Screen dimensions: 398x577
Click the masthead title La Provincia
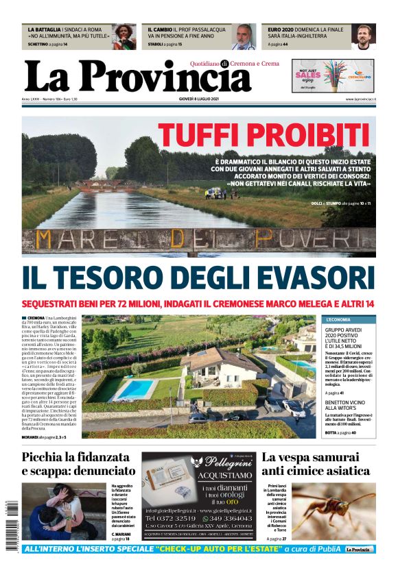tap(138, 77)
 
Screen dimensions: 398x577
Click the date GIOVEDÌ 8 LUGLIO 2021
tap(198, 100)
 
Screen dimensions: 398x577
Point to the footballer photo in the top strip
tap(364, 37)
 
